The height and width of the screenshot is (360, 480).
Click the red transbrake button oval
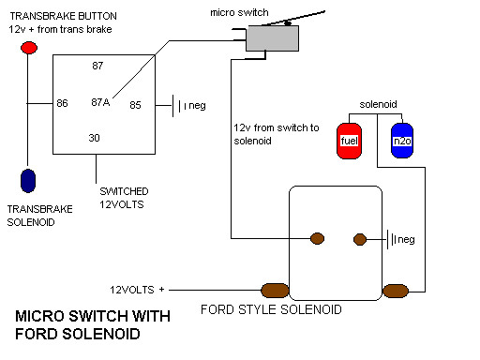tap(29, 48)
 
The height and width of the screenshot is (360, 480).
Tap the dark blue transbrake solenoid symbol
tap(28, 181)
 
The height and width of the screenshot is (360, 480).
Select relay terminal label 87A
tap(100, 102)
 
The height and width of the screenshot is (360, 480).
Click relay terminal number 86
tap(62, 103)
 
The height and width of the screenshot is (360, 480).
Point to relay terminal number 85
tap(135, 105)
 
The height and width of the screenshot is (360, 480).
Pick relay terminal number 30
tap(94, 138)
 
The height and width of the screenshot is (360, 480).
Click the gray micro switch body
tap(272, 38)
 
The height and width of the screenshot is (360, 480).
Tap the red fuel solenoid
tap(349, 141)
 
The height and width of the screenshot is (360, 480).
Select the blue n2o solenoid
tap(402, 141)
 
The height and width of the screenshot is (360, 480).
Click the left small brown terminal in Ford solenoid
tap(317, 238)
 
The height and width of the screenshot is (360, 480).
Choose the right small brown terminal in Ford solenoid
tap(360, 239)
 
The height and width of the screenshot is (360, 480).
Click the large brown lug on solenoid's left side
tap(275, 291)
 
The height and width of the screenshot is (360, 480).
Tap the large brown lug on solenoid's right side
tap(396, 291)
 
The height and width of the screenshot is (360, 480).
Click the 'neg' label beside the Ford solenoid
tap(406, 240)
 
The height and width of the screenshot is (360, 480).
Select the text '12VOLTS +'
tap(137, 290)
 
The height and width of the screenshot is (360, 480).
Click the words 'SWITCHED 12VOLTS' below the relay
tap(124, 198)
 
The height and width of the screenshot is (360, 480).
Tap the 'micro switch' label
tap(239, 12)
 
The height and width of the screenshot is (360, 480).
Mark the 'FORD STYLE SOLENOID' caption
tap(271, 309)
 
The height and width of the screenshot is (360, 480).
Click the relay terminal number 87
tap(97, 66)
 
